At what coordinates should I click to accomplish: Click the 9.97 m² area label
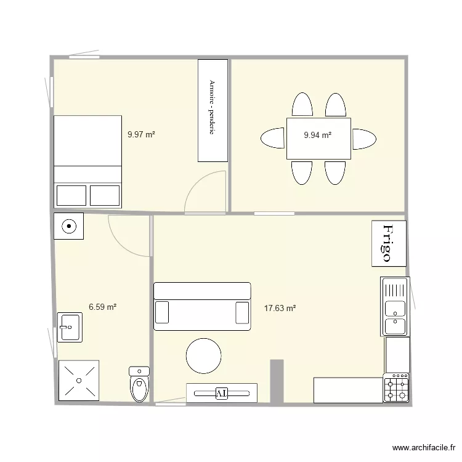(x=141, y=134)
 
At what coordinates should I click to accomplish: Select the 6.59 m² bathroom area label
(x=103, y=306)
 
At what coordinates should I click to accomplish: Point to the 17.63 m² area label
(x=280, y=308)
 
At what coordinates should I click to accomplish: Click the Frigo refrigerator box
(x=389, y=243)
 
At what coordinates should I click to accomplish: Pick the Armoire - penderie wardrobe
(x=213, y=111)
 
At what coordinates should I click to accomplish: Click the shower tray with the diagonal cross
(x=78, y=381)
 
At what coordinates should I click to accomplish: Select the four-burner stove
(x=396, y=388)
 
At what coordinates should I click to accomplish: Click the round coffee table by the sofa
(x=204, y=356)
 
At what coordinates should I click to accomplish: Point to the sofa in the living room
(x=202, y=306)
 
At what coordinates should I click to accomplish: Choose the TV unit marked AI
(x=221, y=392)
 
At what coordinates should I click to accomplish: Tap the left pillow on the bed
(x=72, y=195)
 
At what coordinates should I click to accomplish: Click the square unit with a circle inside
(x=69, y=227)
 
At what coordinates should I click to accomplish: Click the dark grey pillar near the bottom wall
(x=277, y=380)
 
